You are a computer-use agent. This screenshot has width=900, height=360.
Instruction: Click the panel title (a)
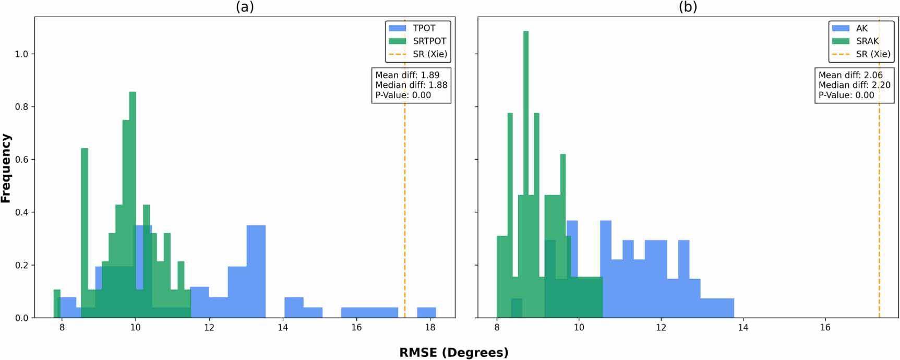click(x=245, y=7)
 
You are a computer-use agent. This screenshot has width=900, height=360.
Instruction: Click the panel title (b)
click(x=688, y=7)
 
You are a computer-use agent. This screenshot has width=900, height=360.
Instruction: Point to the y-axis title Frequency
click(x=6, y=168)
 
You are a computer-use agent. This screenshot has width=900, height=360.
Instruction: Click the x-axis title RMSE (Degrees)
click(x=453, y=353)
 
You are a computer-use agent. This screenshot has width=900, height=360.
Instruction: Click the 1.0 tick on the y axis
click(x=21, y=54)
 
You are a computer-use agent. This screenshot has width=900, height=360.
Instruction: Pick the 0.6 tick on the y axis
click(x=21, y=160)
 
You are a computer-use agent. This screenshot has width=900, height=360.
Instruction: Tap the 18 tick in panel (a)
click(x=430, y=328)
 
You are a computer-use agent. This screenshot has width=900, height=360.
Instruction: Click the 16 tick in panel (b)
click(x=825, y=328)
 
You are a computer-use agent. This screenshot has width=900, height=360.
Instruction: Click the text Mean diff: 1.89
click(x=407, y=75)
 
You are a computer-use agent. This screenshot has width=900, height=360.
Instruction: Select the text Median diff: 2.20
click(x=854, y=85)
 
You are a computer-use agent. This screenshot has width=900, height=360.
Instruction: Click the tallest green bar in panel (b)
click(x=526, y=172)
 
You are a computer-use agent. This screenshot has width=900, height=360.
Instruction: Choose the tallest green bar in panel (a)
click(x=133, y=203)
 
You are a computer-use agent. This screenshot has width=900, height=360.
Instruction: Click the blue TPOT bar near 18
click(x=426, y=313)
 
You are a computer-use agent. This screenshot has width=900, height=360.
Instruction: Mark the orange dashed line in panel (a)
click(x=404, y=209)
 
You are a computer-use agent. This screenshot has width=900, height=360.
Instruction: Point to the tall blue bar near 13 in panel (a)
click(x=256, y=271)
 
